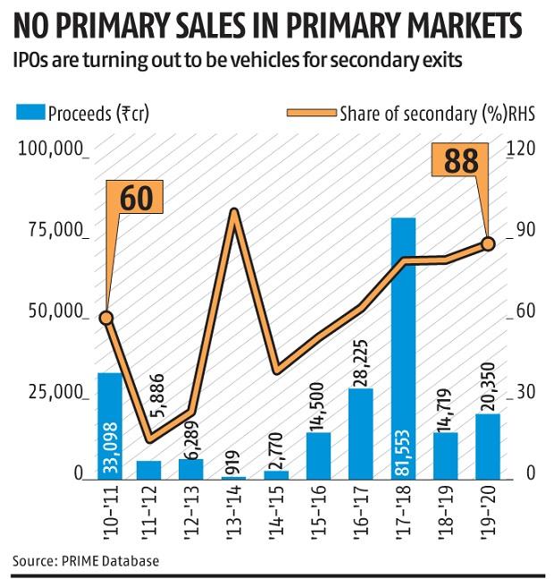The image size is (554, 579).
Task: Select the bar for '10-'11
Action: [109, 424]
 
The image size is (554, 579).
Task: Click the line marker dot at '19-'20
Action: [489, 243]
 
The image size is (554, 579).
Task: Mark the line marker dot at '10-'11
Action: [106, 318]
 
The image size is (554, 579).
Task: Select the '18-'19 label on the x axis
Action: [447, 508]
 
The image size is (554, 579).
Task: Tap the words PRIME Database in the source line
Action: [109, 561]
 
